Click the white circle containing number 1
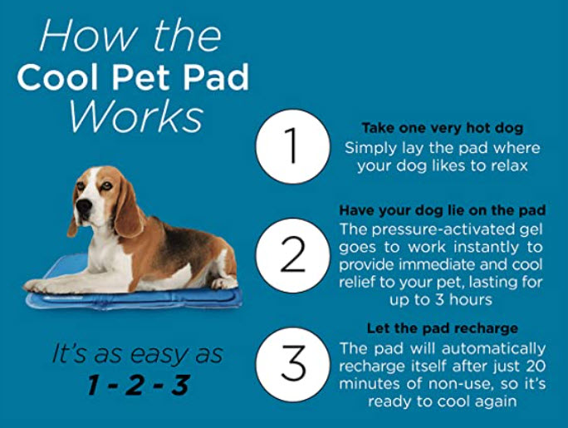click(291, 147)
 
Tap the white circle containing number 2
click(291, 255)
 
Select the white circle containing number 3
click(291, 363)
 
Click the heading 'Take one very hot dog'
click(442, 129)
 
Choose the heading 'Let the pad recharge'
click(442, 328)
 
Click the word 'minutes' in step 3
click(370, 383)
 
